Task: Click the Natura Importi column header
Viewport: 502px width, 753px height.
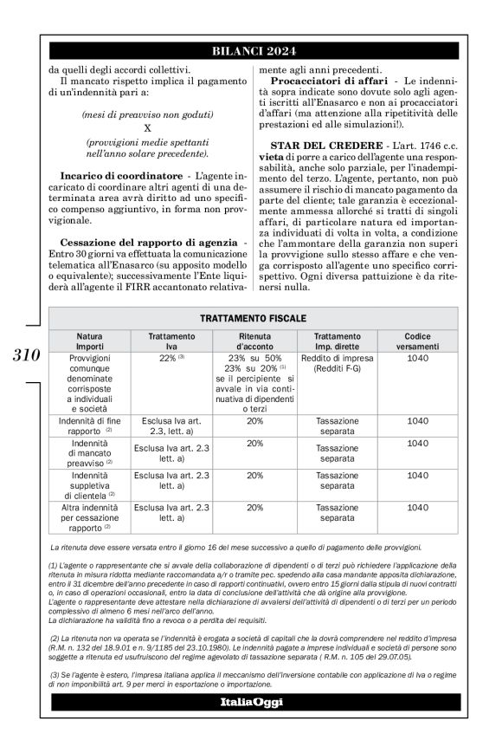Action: [89, 341]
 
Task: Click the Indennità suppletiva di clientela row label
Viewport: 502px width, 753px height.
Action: [89, 484]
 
